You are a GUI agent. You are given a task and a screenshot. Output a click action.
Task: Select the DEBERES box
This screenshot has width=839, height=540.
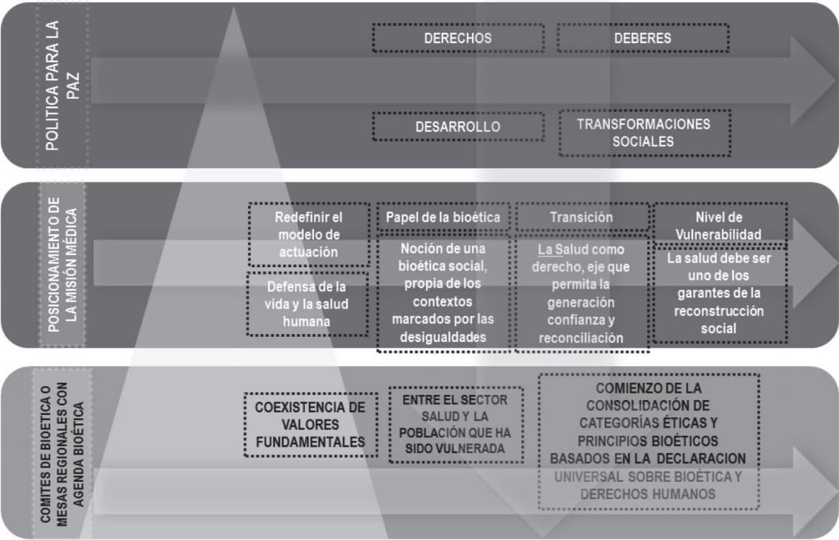pos(643,39)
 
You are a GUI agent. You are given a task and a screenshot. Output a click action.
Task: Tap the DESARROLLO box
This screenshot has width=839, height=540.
pos(457,127)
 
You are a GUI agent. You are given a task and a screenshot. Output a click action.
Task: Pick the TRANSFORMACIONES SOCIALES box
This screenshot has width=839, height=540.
pos(643,133)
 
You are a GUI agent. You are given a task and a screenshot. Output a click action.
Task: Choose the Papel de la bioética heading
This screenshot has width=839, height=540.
pos(443,216)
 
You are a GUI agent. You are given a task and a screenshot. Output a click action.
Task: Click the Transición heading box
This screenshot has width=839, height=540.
pos(581,216)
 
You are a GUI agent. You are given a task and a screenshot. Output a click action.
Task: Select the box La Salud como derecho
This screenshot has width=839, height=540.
pos(581,293)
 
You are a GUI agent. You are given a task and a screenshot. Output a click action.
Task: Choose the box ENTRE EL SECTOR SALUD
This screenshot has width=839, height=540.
pos(455,424)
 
